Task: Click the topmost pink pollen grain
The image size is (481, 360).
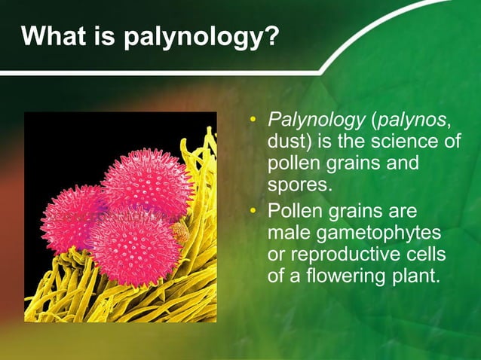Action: [148, 182]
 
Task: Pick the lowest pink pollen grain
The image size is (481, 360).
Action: [133, 248]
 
